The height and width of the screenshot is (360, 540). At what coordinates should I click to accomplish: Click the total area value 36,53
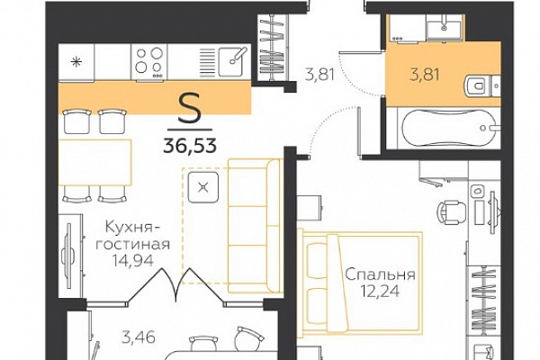click(190, 146)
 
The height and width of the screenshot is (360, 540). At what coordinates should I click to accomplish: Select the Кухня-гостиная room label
click(133, 236)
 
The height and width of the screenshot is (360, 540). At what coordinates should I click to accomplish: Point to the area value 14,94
click(132, 261)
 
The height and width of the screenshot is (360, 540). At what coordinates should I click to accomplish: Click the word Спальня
click(380, 274)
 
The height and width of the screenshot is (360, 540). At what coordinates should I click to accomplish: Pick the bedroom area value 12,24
click(380, 292)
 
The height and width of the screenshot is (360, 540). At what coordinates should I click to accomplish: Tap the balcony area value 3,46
click(139, 337)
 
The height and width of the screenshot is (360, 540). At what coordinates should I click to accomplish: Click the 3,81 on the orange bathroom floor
click(425, 75)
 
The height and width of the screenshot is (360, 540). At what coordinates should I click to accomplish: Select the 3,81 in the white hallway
click(319, 74)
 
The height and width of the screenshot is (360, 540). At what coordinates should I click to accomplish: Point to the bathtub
click(446, 128)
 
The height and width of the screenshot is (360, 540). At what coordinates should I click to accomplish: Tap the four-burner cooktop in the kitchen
click(148, 62)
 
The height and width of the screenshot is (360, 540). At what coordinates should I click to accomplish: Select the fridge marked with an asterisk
click(76, 62)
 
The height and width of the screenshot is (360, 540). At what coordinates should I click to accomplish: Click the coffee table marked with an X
click(203, 188)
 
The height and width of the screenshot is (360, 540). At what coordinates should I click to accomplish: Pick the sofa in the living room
click(255, 226)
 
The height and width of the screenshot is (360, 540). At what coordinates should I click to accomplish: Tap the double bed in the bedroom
click(362, 283)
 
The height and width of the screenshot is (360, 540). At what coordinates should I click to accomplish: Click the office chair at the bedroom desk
click(452, 211)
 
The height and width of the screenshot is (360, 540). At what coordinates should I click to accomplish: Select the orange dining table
click(94, 162)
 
